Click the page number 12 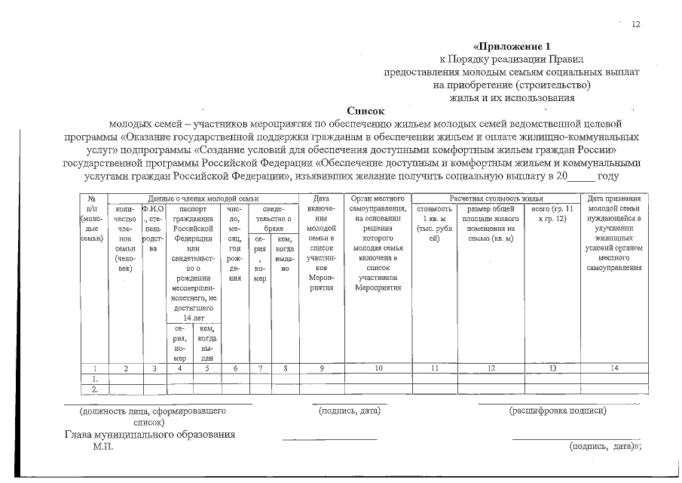click(x=635, y=25)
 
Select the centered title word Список click(x=365, y=109)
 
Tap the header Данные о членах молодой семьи click(x=203, y=198)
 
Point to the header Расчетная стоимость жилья click(x=493, y=198)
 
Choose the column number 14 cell click(x=614, y=368)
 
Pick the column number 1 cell click(x=93, y=368)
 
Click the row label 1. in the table click(x=93, y=379)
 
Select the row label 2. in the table click(x=93, y=389)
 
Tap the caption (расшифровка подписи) click(x=558, y=411)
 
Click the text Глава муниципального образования click(x=150, y=435)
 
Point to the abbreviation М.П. click(x=102, y=447)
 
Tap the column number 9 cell click(x=322, y=368)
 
